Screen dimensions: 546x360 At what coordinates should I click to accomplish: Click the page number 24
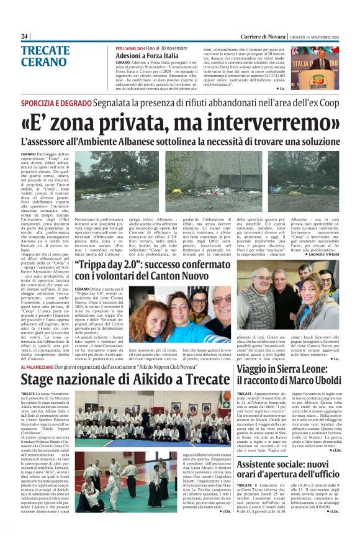[25, 37]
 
